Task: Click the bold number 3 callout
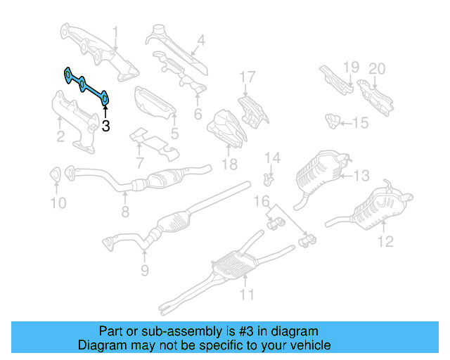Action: [x=105, y=127]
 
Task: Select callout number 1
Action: [x=116, y=32]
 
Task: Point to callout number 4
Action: [x=201, y=41]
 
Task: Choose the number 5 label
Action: [x=174, y=131]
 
